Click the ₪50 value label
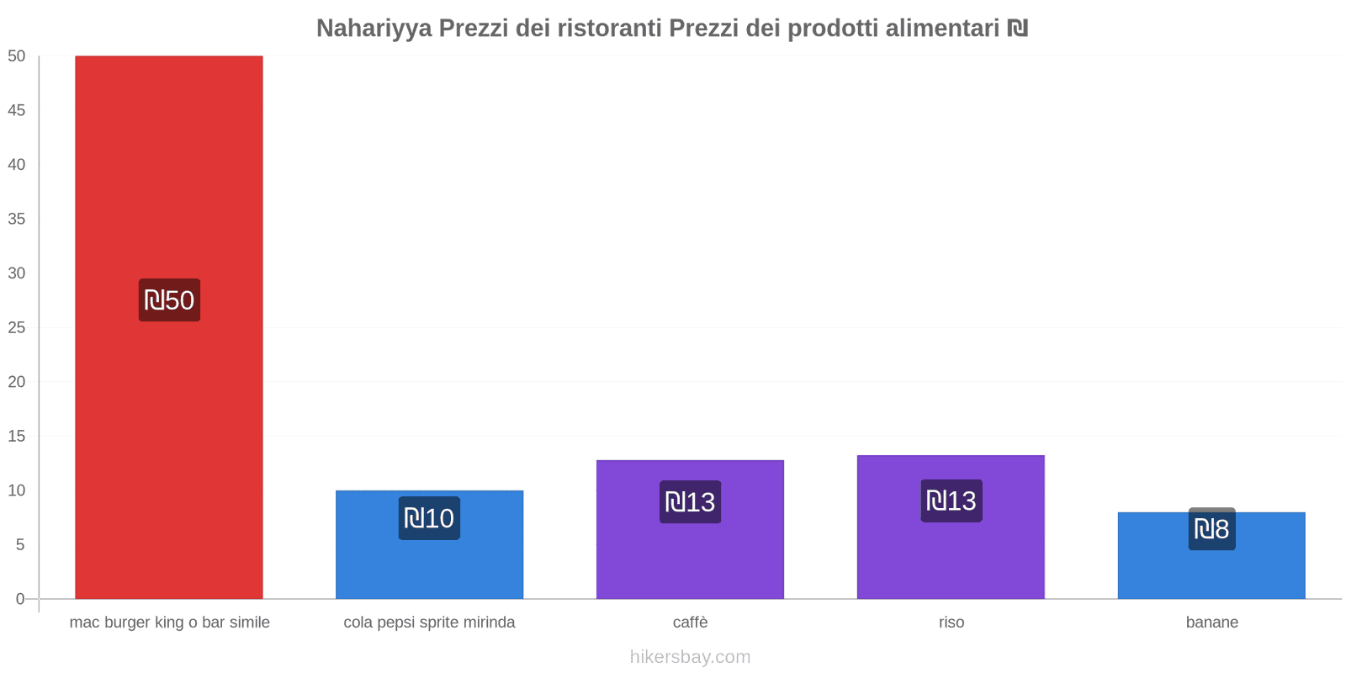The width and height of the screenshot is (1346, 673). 169,300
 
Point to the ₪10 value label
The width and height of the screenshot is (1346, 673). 429,518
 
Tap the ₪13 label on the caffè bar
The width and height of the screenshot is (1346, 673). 690,502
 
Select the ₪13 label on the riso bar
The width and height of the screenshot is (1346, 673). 951,501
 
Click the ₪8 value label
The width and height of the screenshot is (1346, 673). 1211,529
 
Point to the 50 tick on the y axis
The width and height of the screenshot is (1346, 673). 17,56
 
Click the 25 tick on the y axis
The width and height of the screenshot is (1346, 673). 17,327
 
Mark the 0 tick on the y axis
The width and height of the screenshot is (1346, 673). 20,599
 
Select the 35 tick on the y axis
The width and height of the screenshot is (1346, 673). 17,219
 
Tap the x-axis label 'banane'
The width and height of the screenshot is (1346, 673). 1211,623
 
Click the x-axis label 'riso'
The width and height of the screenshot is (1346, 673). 951,623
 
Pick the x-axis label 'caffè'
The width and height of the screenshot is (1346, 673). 690,623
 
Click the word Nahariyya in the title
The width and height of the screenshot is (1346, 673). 374,29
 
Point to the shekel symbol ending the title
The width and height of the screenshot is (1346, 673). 1018,29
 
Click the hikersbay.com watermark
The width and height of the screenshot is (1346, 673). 690,657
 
